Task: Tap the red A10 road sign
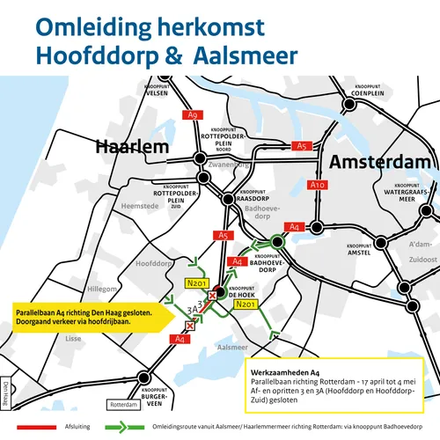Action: [319, 185]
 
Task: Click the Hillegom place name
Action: [98, 289]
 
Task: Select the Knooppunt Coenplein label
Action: [365, 89]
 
